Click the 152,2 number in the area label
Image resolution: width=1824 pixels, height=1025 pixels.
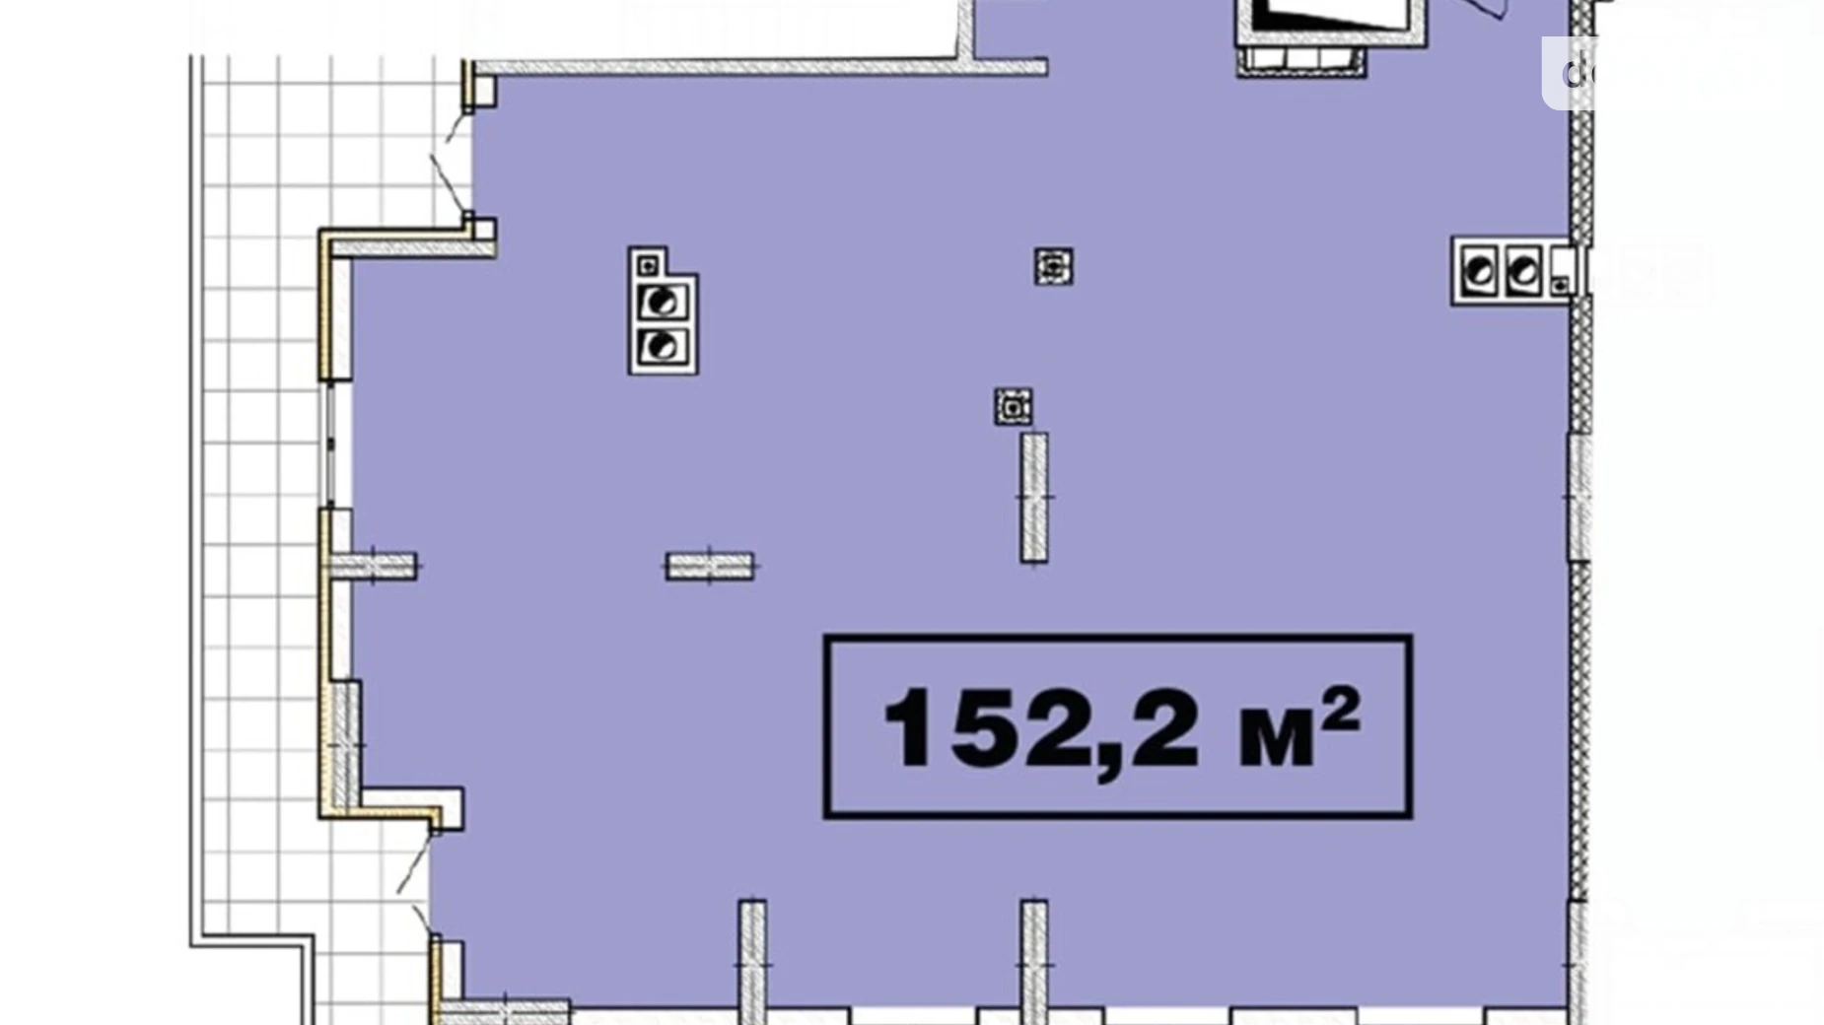point(1040,727)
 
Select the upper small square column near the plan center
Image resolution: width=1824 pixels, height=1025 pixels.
point(1053,267)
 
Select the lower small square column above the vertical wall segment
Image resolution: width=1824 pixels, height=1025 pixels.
point(1013,406)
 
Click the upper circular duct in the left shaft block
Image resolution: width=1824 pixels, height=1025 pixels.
point(662,303)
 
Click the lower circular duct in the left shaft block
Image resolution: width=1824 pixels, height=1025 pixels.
point(662,346)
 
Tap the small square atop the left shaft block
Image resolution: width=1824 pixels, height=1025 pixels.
point(648,264)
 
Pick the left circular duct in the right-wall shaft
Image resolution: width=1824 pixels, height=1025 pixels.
point(1479,271)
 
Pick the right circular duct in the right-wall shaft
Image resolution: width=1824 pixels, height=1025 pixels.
point(1522,271)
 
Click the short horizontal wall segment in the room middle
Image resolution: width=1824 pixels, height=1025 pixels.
point(710,566)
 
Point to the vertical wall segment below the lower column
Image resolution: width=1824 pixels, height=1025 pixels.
point(1033,498)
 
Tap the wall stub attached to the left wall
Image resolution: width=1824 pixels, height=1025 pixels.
point(373,566)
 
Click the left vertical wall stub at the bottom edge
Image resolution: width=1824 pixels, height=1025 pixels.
point(752,961)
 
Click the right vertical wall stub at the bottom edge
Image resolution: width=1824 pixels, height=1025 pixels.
point(1033,961)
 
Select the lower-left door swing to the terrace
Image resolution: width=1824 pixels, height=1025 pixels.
point(416,882)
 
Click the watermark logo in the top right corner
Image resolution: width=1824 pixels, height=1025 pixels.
point(1578,71)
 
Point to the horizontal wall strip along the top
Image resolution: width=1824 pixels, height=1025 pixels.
point(759,67)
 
